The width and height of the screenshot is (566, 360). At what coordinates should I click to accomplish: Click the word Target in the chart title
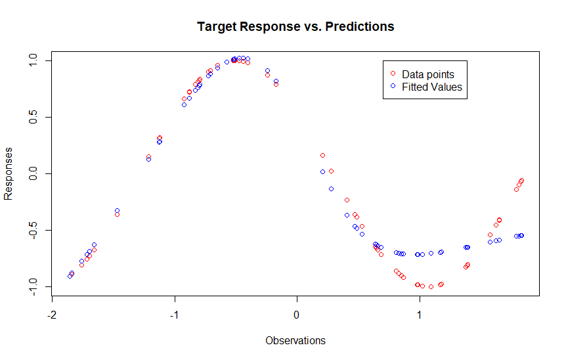(217, 27)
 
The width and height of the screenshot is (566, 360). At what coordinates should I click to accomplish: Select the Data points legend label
(427, 74)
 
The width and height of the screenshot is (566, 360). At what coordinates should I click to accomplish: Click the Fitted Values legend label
(431, 87)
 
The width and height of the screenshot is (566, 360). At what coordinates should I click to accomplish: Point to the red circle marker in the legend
(393, 74)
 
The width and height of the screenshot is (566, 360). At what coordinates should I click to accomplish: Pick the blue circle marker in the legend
(393, 86)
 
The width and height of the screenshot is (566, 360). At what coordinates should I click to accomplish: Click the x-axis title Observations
(295, 340)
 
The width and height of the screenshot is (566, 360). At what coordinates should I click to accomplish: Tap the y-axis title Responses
(8, 173)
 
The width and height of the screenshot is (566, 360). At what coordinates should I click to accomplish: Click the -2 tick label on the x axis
(52, 315)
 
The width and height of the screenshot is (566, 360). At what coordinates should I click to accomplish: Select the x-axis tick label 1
(419, 315)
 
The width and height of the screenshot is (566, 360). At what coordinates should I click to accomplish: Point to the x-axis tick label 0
(296, 315)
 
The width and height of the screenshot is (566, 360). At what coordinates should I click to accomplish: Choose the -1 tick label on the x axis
(175, 315)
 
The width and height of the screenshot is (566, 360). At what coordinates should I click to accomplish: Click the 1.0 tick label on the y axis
(33, 60)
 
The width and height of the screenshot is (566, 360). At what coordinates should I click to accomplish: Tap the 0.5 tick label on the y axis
(33, 117)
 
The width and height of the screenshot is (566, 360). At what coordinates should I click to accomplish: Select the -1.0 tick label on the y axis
(33, 287)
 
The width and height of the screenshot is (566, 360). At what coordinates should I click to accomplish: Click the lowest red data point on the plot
(431, 286)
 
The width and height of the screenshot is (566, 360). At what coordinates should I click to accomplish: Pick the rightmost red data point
(521, 180)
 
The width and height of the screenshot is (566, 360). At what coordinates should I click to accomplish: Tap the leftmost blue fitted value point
(70, 276)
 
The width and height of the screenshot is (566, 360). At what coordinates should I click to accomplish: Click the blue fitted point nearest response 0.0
(322, 172)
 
